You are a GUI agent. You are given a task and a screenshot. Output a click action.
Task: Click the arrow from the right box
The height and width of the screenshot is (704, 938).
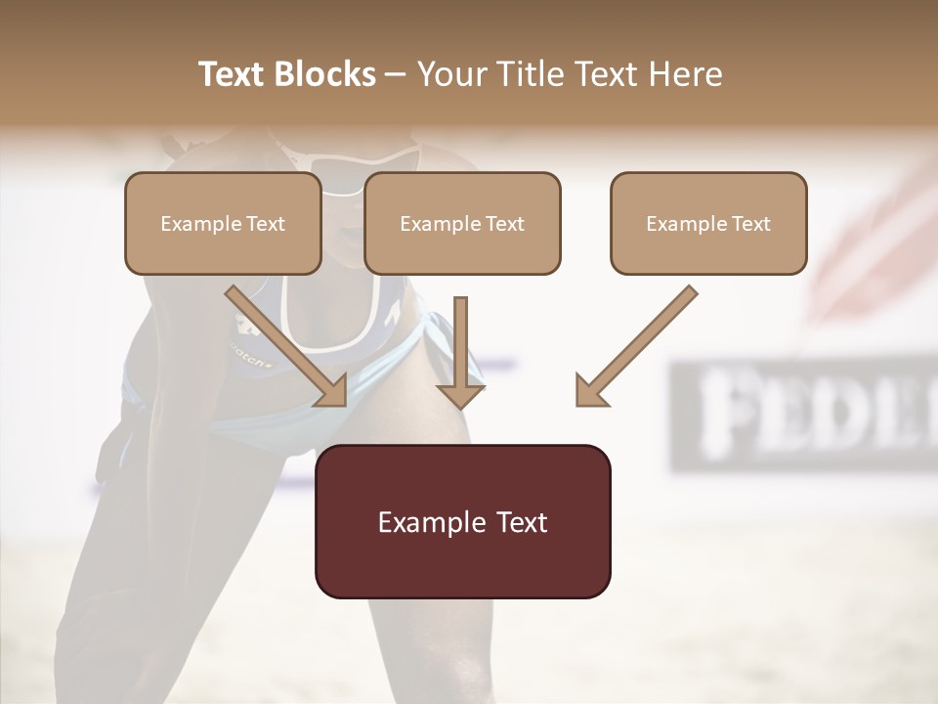[x=635, y=346]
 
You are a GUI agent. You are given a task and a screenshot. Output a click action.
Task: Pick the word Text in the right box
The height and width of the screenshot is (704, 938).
[x=750, y=224]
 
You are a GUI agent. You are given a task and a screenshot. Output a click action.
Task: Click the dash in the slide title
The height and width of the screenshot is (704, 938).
[x=396, y=74]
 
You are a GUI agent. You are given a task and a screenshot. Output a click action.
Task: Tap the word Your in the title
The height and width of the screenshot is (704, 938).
[x=451, y=74]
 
